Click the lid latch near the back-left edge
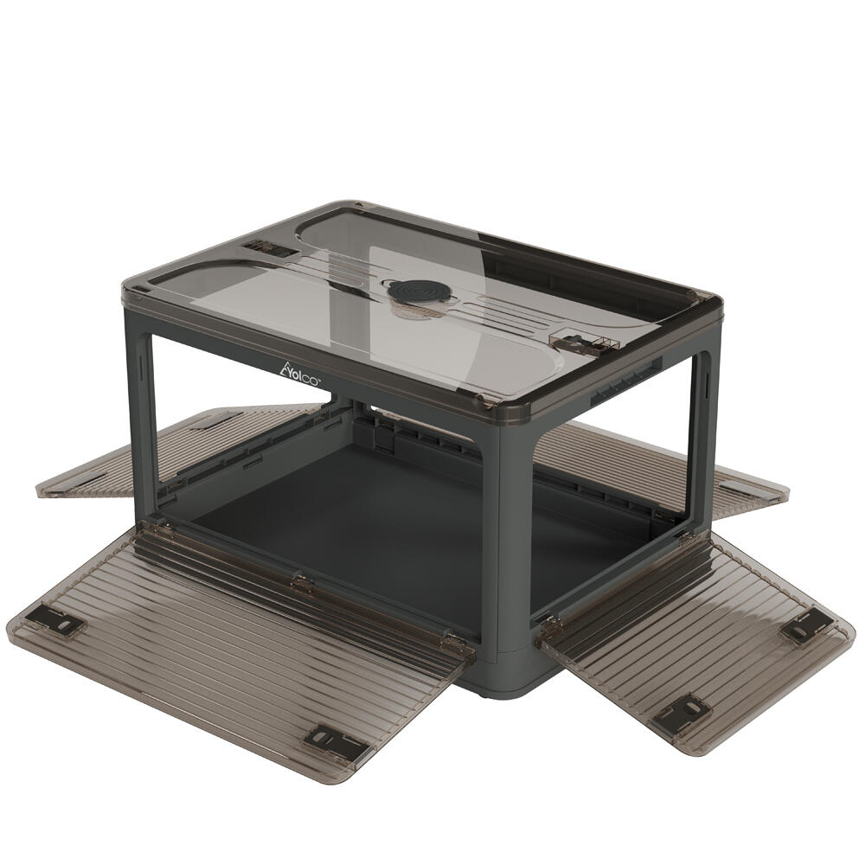click(272, 249)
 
